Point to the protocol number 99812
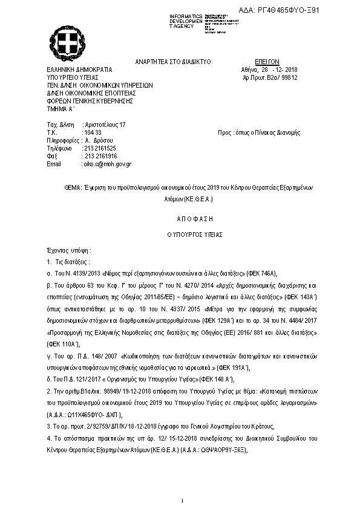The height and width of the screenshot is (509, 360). [289, 78]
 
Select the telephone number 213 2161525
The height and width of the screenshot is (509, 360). [99, 148]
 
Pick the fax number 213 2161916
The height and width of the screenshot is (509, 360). [99, 156]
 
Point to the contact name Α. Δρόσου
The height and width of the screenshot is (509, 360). [97, 140]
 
